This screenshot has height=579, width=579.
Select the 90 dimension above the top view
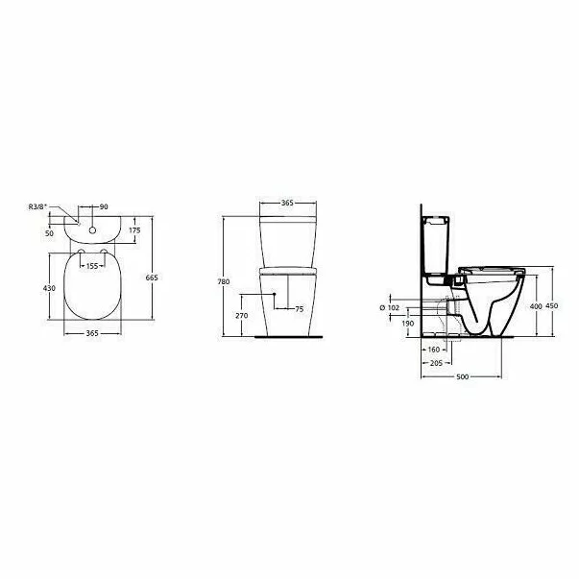[104, 207]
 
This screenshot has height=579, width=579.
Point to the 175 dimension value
[134, 230]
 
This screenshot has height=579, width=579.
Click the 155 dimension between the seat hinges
[91, 266]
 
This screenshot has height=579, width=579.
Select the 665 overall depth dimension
[151, 277]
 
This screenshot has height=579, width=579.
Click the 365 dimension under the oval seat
[92, 333]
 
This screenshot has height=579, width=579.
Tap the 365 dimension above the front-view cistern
[286, 205]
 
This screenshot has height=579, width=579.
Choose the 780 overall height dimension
[224, 281]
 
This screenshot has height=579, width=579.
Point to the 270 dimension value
[241, 315]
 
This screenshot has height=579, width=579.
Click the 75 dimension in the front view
[299, 309]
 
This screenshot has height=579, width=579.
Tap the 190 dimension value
[408, 324]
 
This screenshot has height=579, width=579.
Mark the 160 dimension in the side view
[433, 350]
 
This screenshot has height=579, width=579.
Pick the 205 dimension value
[436, 363]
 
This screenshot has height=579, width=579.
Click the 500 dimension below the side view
[462, 378]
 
